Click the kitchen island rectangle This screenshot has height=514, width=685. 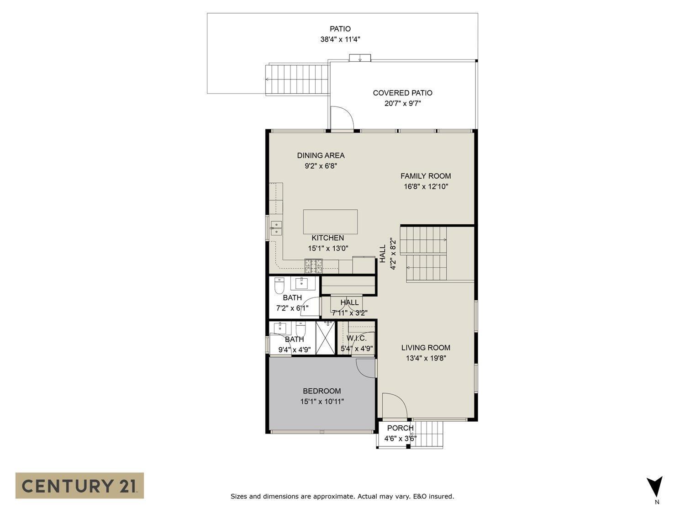coord(330,222)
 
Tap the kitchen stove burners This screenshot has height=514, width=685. coord(313,263)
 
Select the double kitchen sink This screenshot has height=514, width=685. coord(276,228)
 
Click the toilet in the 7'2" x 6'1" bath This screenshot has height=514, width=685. coord(279,286)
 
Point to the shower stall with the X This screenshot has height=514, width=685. coord(325,338)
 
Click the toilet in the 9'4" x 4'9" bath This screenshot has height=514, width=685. coord(300,329)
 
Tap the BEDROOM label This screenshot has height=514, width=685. coord(321,391)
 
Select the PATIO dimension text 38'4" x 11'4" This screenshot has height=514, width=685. coord(340,40)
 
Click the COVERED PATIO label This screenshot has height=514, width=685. coord(402,93)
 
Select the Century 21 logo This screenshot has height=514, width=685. coord(79,485)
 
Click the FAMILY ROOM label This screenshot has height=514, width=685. coord(426,176)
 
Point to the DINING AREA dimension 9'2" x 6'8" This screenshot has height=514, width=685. coord(321,166)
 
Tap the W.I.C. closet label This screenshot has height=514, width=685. coord(356,338)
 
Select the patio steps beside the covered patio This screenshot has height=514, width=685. coord(297,79)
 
